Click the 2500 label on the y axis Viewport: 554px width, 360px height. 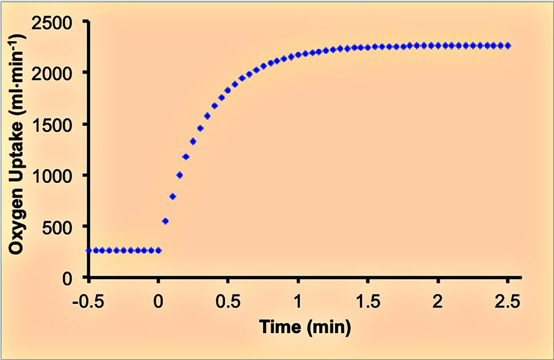[x=54, y=23]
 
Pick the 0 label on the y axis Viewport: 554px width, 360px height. [x=73, y=278]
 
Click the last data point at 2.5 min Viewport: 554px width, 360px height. [x=507, y=46]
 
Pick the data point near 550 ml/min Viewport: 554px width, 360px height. [x=166, y=221]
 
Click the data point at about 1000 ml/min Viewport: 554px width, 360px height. [x=180, y=175]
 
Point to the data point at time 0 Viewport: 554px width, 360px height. [x=159, y=250]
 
